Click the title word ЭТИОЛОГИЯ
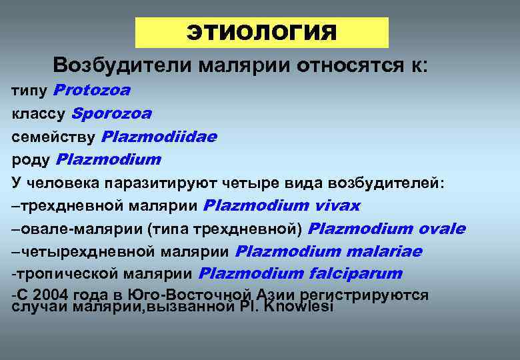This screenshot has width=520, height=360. pyautogui.click(x=261, y=33)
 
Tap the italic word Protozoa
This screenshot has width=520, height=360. pyautogui.click(x=91, y=89)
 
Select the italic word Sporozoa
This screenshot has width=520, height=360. pyautogui.click(x=111, y=113)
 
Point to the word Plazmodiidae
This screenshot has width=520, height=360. pyautogui.click(x=159, y=137)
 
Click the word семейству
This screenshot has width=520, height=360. pyautogui.click(x=55, y=137)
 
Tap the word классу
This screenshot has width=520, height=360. pyautogui.click(x=39, y=114)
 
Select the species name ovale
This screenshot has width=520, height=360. pyautogui.click(x=442, y=229)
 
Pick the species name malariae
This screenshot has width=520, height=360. pyautogui.click(x=384, y=251)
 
